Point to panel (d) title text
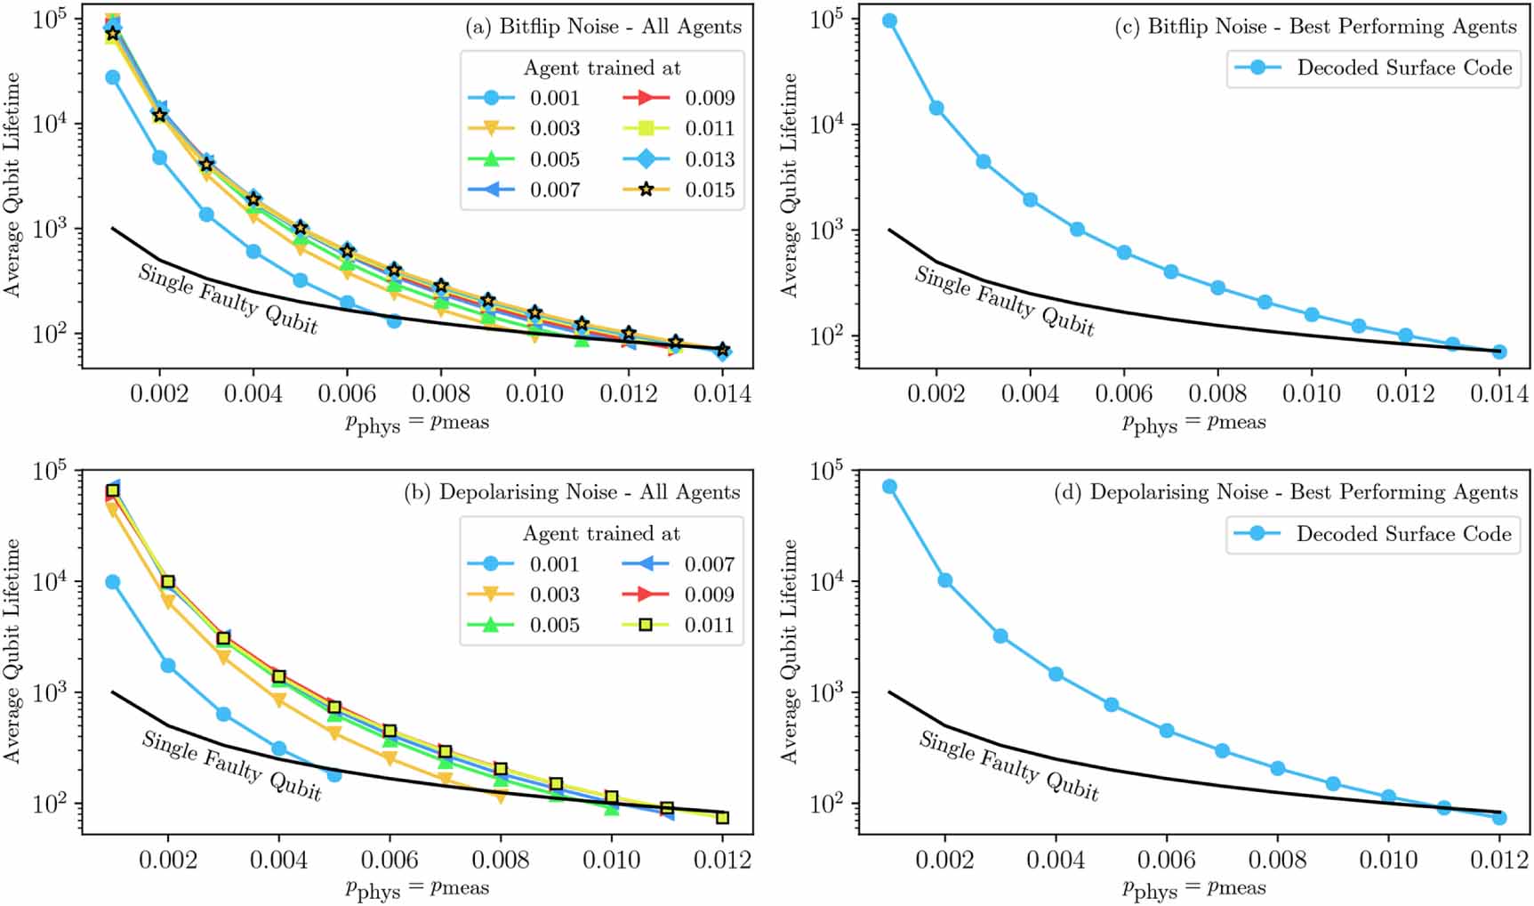(1285, 492)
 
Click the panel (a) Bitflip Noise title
(603, 27)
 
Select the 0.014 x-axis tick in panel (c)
(1499, 393)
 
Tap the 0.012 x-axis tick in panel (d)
(1499, 860)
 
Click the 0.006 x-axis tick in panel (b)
(390, 860)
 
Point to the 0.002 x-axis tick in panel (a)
(160, 393)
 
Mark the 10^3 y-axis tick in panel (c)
(826, 230)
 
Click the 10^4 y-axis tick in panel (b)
(50, 582)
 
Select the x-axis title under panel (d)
(1193, 887)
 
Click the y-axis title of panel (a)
(12, 185)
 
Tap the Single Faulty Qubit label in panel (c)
(1004, 301)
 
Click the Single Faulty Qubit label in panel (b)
(231, 765)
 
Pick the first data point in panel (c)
(889, 20)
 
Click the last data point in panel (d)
(1499, 817)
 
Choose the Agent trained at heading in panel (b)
(600, 534)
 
